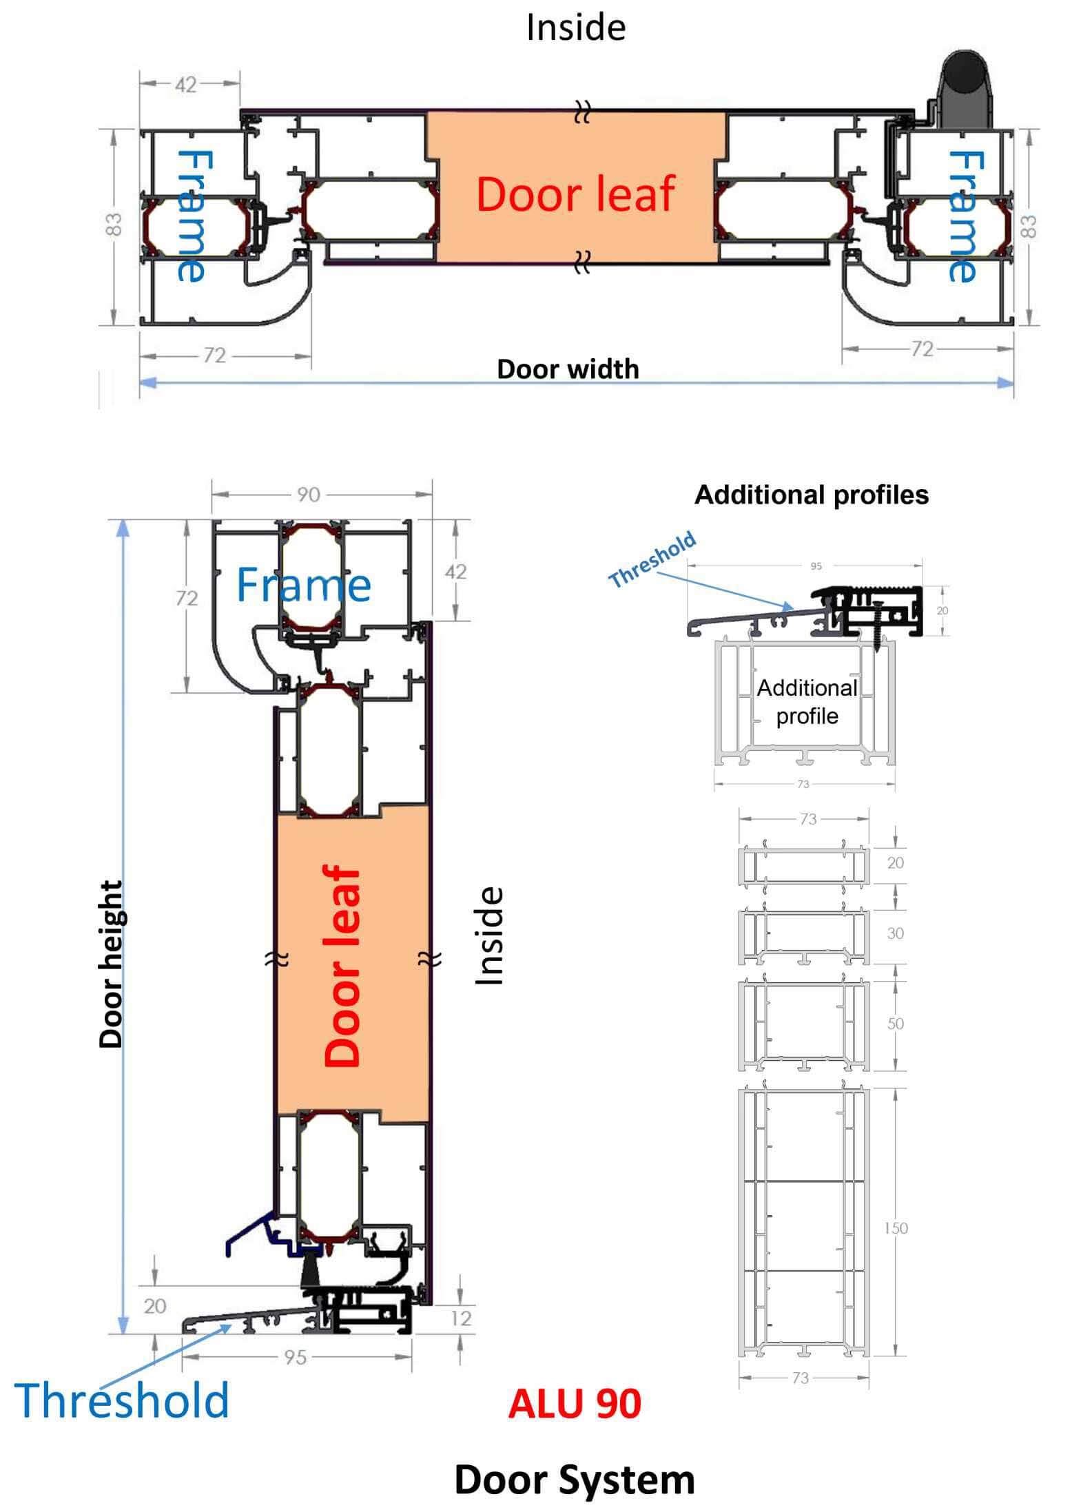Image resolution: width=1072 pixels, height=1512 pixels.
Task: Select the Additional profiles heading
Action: point(811,495)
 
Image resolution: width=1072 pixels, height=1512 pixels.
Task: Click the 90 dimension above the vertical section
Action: point(308,495)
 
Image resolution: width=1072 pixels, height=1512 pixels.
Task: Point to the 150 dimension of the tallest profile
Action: point(895,1228)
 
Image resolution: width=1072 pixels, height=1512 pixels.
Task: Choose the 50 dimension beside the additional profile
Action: point(895,1024)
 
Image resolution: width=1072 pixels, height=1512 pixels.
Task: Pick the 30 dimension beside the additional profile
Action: point(895,933)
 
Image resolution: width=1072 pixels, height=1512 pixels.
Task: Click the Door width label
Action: point(568,369)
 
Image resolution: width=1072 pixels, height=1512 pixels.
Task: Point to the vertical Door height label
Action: point(110,964)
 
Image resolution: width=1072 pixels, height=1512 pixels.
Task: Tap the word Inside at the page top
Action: point(575,28)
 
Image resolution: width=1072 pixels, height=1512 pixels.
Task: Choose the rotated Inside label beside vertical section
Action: point(491,935)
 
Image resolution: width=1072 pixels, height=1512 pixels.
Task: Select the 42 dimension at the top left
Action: point(185,85)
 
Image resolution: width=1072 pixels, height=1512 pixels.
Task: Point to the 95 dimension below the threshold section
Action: point(295,1357)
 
